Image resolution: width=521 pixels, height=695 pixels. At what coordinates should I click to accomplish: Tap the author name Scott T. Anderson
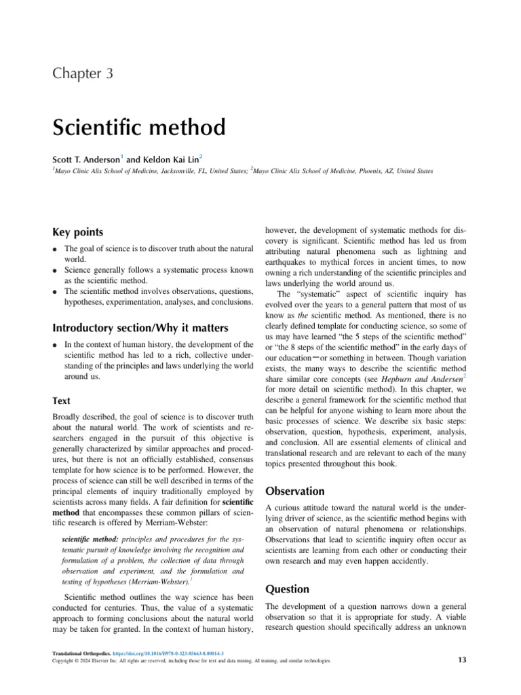85,159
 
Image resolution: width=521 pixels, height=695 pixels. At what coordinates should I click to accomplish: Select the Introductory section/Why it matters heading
140,328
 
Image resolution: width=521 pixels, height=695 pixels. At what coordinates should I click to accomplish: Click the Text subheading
61,401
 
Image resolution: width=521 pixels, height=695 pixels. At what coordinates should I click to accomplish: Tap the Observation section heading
294,491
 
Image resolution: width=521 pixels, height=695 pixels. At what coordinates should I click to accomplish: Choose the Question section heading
287,589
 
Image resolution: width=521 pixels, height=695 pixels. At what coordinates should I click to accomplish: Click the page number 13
463,660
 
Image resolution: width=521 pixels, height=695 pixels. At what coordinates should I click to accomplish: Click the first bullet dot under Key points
55,250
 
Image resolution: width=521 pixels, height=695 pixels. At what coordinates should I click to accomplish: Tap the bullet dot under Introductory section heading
55,346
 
